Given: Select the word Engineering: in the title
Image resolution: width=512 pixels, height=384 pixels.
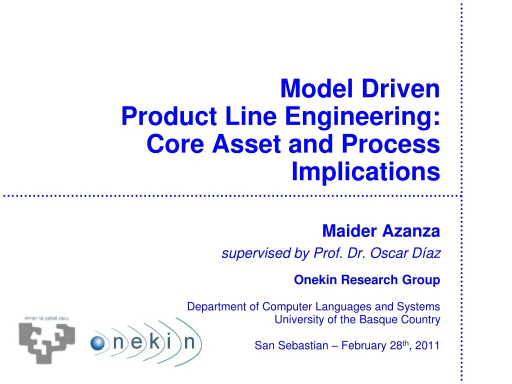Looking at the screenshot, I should click(363, 117).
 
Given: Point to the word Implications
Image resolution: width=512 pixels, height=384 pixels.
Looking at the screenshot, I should click(365, 172).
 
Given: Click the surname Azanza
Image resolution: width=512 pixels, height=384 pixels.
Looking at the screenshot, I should click(411, 231).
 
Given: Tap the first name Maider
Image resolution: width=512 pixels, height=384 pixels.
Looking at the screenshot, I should click(350, 231).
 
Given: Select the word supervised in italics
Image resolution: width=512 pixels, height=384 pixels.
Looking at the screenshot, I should click(257, 254).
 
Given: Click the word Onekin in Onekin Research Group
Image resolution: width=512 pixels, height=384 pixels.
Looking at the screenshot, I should click(316, 280).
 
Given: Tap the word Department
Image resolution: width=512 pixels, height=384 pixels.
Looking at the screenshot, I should click(217, 306).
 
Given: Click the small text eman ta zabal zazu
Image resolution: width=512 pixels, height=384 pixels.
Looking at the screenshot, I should click(47, 318).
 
